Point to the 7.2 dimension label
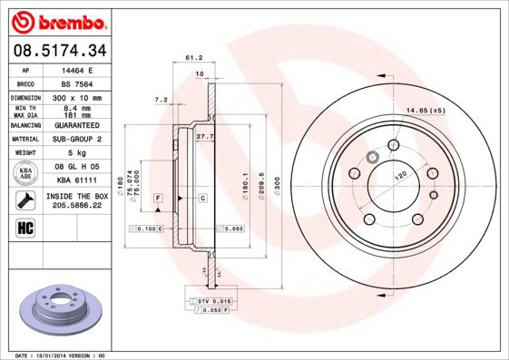(162, 99)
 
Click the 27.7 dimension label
(204, 136)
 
